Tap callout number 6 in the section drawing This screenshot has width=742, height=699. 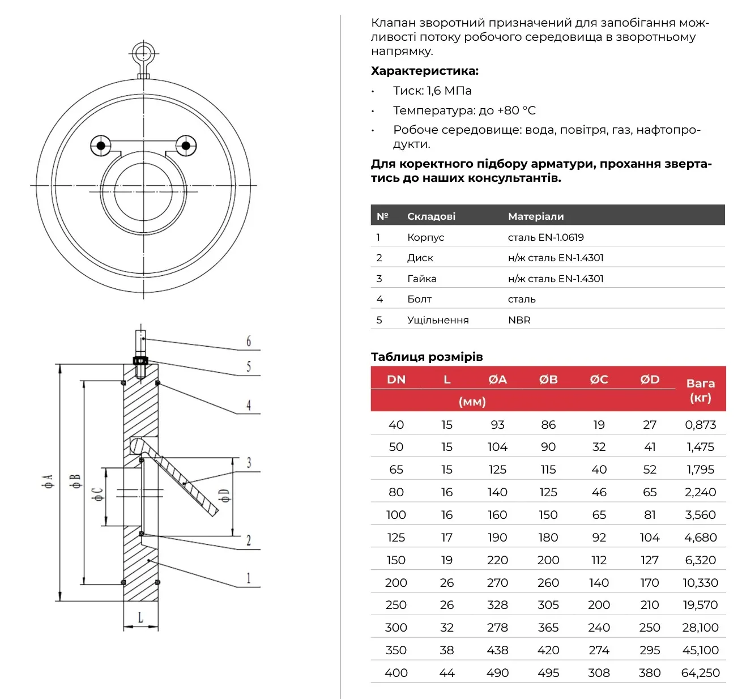tap(249, 341)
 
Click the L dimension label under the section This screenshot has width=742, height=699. tap(140, 617)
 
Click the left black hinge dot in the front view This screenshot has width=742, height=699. tap(100, 146)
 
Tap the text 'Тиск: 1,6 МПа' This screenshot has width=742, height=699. tap(432, 91)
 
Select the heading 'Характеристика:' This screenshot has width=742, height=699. tap(424, 71)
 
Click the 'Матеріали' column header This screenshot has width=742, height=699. tap(536, 216)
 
